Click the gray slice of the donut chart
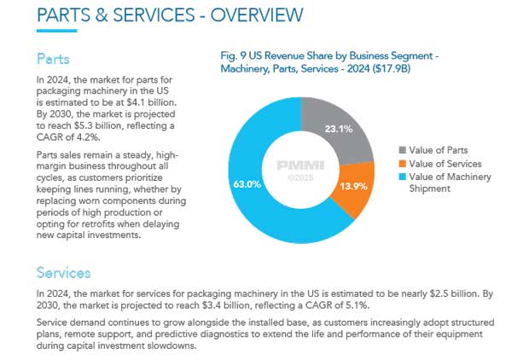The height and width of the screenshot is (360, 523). (x=334, y=128)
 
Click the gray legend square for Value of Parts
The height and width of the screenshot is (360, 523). (x=404, y=150)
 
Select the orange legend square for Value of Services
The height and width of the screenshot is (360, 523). (x=404, y=164)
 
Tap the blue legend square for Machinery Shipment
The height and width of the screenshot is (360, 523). (x=404, y=177)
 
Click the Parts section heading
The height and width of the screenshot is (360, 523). (x=53, y=59)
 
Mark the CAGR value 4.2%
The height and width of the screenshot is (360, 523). (x=87, y=136)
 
